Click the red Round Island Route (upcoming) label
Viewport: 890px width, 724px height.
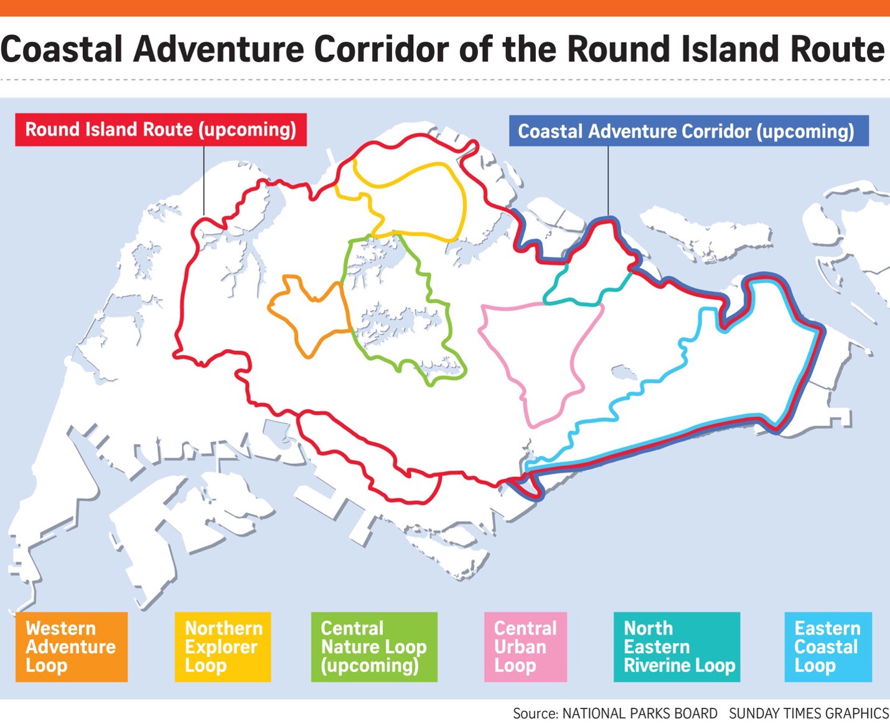tap(161, 129)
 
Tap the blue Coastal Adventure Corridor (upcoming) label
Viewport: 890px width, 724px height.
tap(688, 131)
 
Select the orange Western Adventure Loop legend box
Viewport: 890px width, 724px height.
tap(71, 647)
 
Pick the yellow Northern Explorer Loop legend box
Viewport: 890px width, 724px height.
tap(222, 647)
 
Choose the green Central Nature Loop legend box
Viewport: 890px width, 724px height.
tap(374, 647)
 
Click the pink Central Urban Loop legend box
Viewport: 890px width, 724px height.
tap(525, 647)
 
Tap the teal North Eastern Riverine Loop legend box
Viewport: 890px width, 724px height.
tap(677, 647)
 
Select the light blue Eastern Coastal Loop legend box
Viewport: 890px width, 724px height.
tap(828, 647)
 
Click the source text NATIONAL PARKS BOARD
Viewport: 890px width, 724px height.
tap(639, 713)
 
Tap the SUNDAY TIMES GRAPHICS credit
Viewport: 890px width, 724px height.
tap(808, 713)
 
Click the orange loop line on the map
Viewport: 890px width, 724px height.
tap(272, 307)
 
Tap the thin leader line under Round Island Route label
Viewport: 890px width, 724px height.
tap(204, 180)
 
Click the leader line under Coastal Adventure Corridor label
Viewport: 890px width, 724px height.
tap(608, 180)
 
